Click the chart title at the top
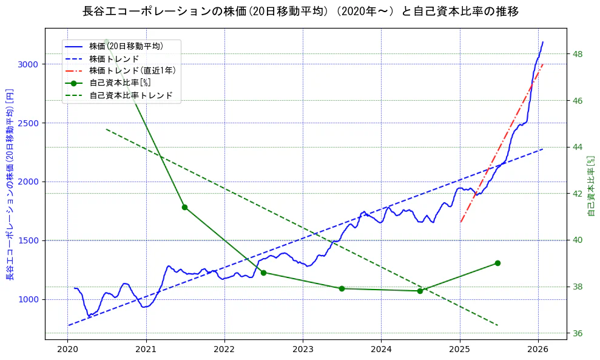(300, 12)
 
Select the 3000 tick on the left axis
(29, 64)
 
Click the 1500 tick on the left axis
(29, 240)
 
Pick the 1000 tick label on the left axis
(29, 299)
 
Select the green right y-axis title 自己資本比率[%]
(592, 186)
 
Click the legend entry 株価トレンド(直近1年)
(132, 70)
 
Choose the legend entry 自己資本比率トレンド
(130, 95)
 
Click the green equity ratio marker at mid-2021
(185, 207)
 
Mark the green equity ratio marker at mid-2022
(263, 273)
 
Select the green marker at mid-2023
(342, 288)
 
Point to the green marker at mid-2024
(420, 291)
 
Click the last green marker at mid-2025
(497, 263)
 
